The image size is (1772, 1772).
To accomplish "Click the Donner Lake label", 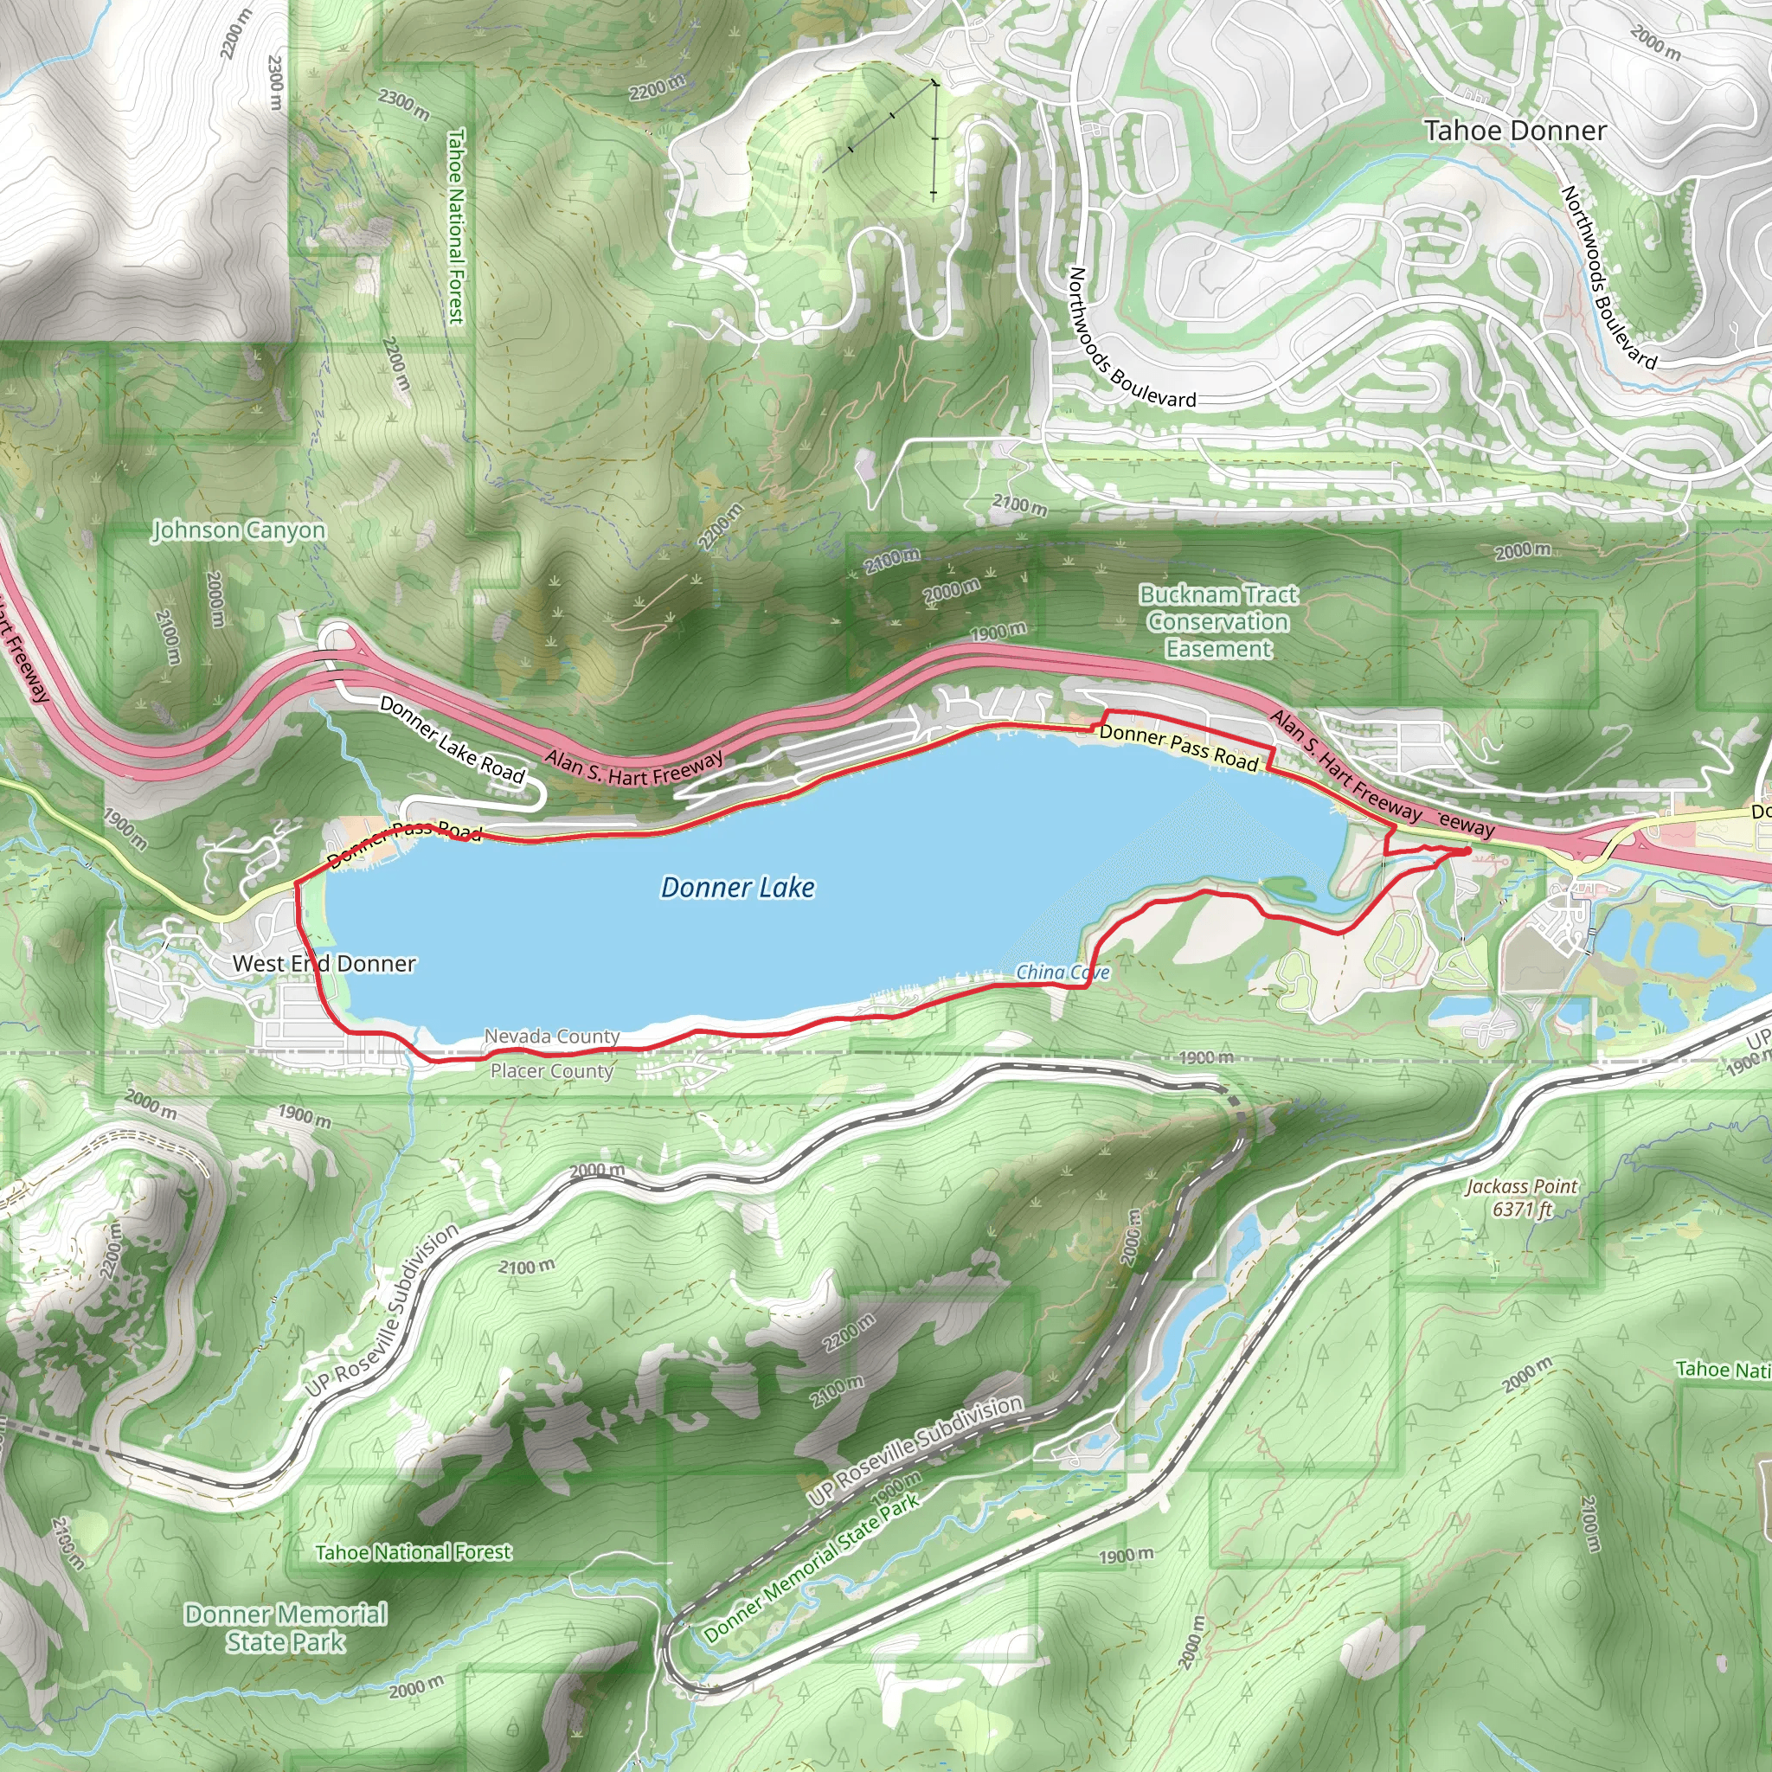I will (737, 888).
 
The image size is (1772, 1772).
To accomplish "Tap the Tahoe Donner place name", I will (1514, 132).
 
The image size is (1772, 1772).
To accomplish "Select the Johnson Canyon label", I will (239, 530).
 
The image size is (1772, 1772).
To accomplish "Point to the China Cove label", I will (1063, 973).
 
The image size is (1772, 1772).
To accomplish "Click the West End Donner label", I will (324, 963).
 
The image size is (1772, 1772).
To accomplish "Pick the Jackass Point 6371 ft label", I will (1522, 1197).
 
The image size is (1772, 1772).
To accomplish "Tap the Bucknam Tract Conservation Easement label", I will (1218, 622).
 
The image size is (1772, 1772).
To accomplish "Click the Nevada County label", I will (552, 1037).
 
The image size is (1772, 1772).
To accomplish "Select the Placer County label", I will (552, 1070).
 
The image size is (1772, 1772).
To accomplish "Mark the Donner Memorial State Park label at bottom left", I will (286, 1628).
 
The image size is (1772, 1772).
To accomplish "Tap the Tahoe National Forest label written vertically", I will (456, 226).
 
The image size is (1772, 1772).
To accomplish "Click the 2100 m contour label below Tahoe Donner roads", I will (1019, 504).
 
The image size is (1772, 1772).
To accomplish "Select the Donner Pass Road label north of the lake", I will (1178, 747).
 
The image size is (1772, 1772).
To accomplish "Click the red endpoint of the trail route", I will (1465, 851).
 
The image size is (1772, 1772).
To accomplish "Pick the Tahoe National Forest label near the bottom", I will (414, 1552).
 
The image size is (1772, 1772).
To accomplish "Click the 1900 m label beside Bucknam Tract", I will (998, 632).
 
